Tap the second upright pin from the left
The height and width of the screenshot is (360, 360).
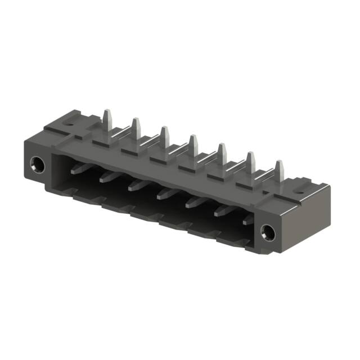[x=135, y=128]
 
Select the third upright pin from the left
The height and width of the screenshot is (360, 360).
[x=164, y=136]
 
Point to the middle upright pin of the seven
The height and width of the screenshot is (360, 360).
[x=193, y=144]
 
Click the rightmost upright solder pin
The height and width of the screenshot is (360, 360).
[x=278, y=169]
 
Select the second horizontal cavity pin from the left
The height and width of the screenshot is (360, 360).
[x=107, y=177]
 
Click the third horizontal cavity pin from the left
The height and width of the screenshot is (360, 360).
[x=136, y=185]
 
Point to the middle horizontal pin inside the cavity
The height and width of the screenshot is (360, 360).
[x=164, y=195]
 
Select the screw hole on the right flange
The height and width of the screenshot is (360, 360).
[x=267, y=230]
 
